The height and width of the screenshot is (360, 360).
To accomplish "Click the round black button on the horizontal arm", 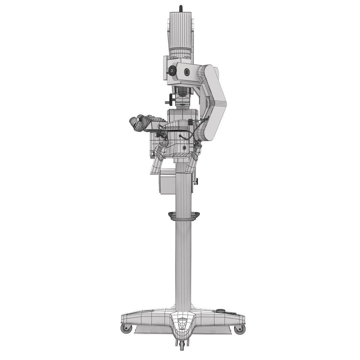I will point(186,71).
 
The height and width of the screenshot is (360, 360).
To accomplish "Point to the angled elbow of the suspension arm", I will point(217,97).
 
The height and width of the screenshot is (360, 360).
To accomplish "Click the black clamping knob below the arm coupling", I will point(172,98).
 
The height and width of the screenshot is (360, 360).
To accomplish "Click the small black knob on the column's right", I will point(196,181).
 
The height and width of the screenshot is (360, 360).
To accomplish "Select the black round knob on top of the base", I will point(220,310).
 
